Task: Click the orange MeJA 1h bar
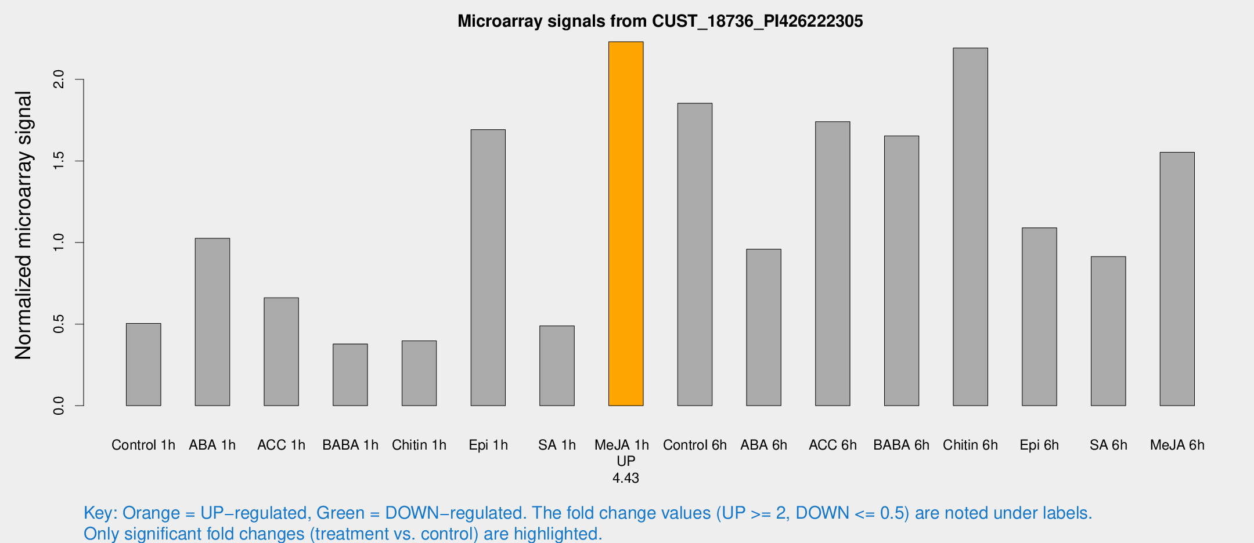point(626,223)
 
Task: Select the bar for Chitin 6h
point(970,227)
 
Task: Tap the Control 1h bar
point(143,364)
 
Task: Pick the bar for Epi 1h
point(488,267)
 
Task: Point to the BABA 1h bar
point(350,375)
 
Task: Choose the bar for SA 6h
point(1108,331)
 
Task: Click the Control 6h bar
point(695,254)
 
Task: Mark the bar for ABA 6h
point(763,327)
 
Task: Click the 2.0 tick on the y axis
point(59,79)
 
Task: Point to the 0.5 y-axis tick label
point(59,324)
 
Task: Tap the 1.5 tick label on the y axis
point(59,161)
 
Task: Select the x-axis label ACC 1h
point(281,445)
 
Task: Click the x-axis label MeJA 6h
point(1177,445)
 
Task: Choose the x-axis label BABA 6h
point(901,445)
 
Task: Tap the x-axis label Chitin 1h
point(419,445)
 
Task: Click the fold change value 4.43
point(626,478)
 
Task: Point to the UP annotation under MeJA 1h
point(626,461)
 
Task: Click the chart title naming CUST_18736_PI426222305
point(660,21)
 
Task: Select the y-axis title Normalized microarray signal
point(23,225)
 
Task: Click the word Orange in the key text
point(151,513)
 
